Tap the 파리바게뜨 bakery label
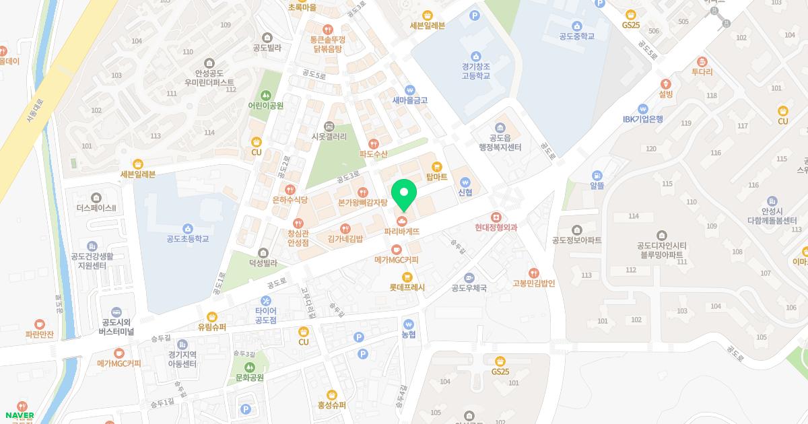[x=402, y=231]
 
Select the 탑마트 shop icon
[x=436, y=166]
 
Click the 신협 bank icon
[x=465, y=182]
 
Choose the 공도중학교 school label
[x=577, y=36]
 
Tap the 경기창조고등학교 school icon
[x=476, y=56]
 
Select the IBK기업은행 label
[x=642, y=119]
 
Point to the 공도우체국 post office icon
[x=469, y=277]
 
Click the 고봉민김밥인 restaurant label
[x=533, y=283]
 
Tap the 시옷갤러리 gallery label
[x=329, y=137]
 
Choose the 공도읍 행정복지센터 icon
[x=500, y=128]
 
